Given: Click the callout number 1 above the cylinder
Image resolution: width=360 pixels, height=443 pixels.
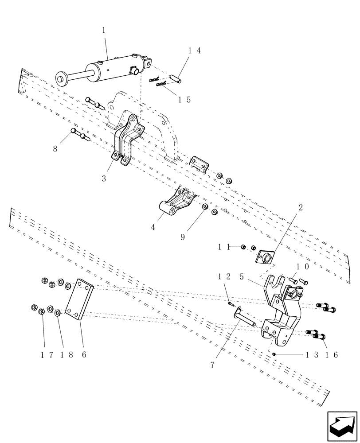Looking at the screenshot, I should pos(104,31).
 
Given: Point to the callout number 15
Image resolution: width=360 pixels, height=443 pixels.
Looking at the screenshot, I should pos(184,100).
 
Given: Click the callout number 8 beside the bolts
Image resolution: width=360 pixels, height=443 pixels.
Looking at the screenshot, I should pos(55,149).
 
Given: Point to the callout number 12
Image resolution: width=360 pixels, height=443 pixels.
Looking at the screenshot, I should pos(224,276).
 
